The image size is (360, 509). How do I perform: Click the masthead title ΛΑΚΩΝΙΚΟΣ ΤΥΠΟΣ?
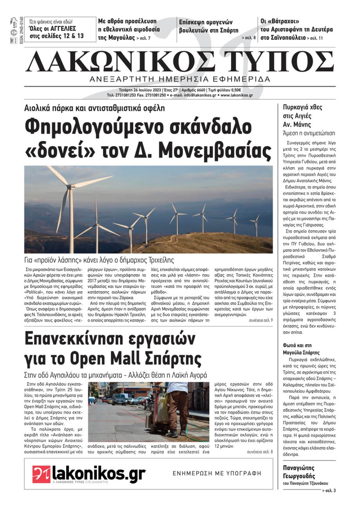pyautogui.click(x=180, y=62)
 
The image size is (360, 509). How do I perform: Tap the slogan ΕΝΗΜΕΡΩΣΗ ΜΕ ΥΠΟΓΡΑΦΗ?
pyautogui.click(x=217, y=473)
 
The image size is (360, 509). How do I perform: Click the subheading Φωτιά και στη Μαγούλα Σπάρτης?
pyautogui.click(x=301, y=349)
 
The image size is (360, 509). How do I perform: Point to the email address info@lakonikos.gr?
pyautogui.click(x=200, y=96)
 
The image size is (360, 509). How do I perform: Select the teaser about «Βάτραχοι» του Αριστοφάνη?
pyautogui.click(x=296, y=29)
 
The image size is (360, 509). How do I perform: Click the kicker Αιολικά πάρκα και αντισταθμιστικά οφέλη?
pyautogui.click(x=94, y=108)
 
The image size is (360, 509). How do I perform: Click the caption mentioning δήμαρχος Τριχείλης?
pyautogui.click(x=99, y=260)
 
